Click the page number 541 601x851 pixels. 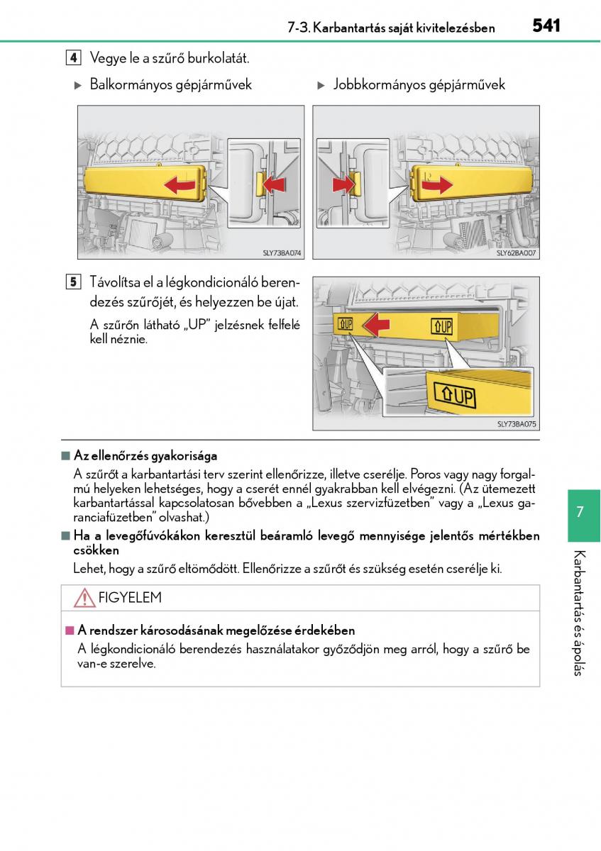point(546,26)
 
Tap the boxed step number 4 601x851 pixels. point(73,58)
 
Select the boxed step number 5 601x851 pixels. point(73,282)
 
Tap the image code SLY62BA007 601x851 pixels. point(517,252)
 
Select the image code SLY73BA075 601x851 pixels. point(517,424)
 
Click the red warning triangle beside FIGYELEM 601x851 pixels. point(84,599)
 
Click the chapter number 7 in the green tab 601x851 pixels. point(580,512)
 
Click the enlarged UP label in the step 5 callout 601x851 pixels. point(453,396)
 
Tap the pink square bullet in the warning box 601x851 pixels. point(70,630)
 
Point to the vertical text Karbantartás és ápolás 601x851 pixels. point(580,613)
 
